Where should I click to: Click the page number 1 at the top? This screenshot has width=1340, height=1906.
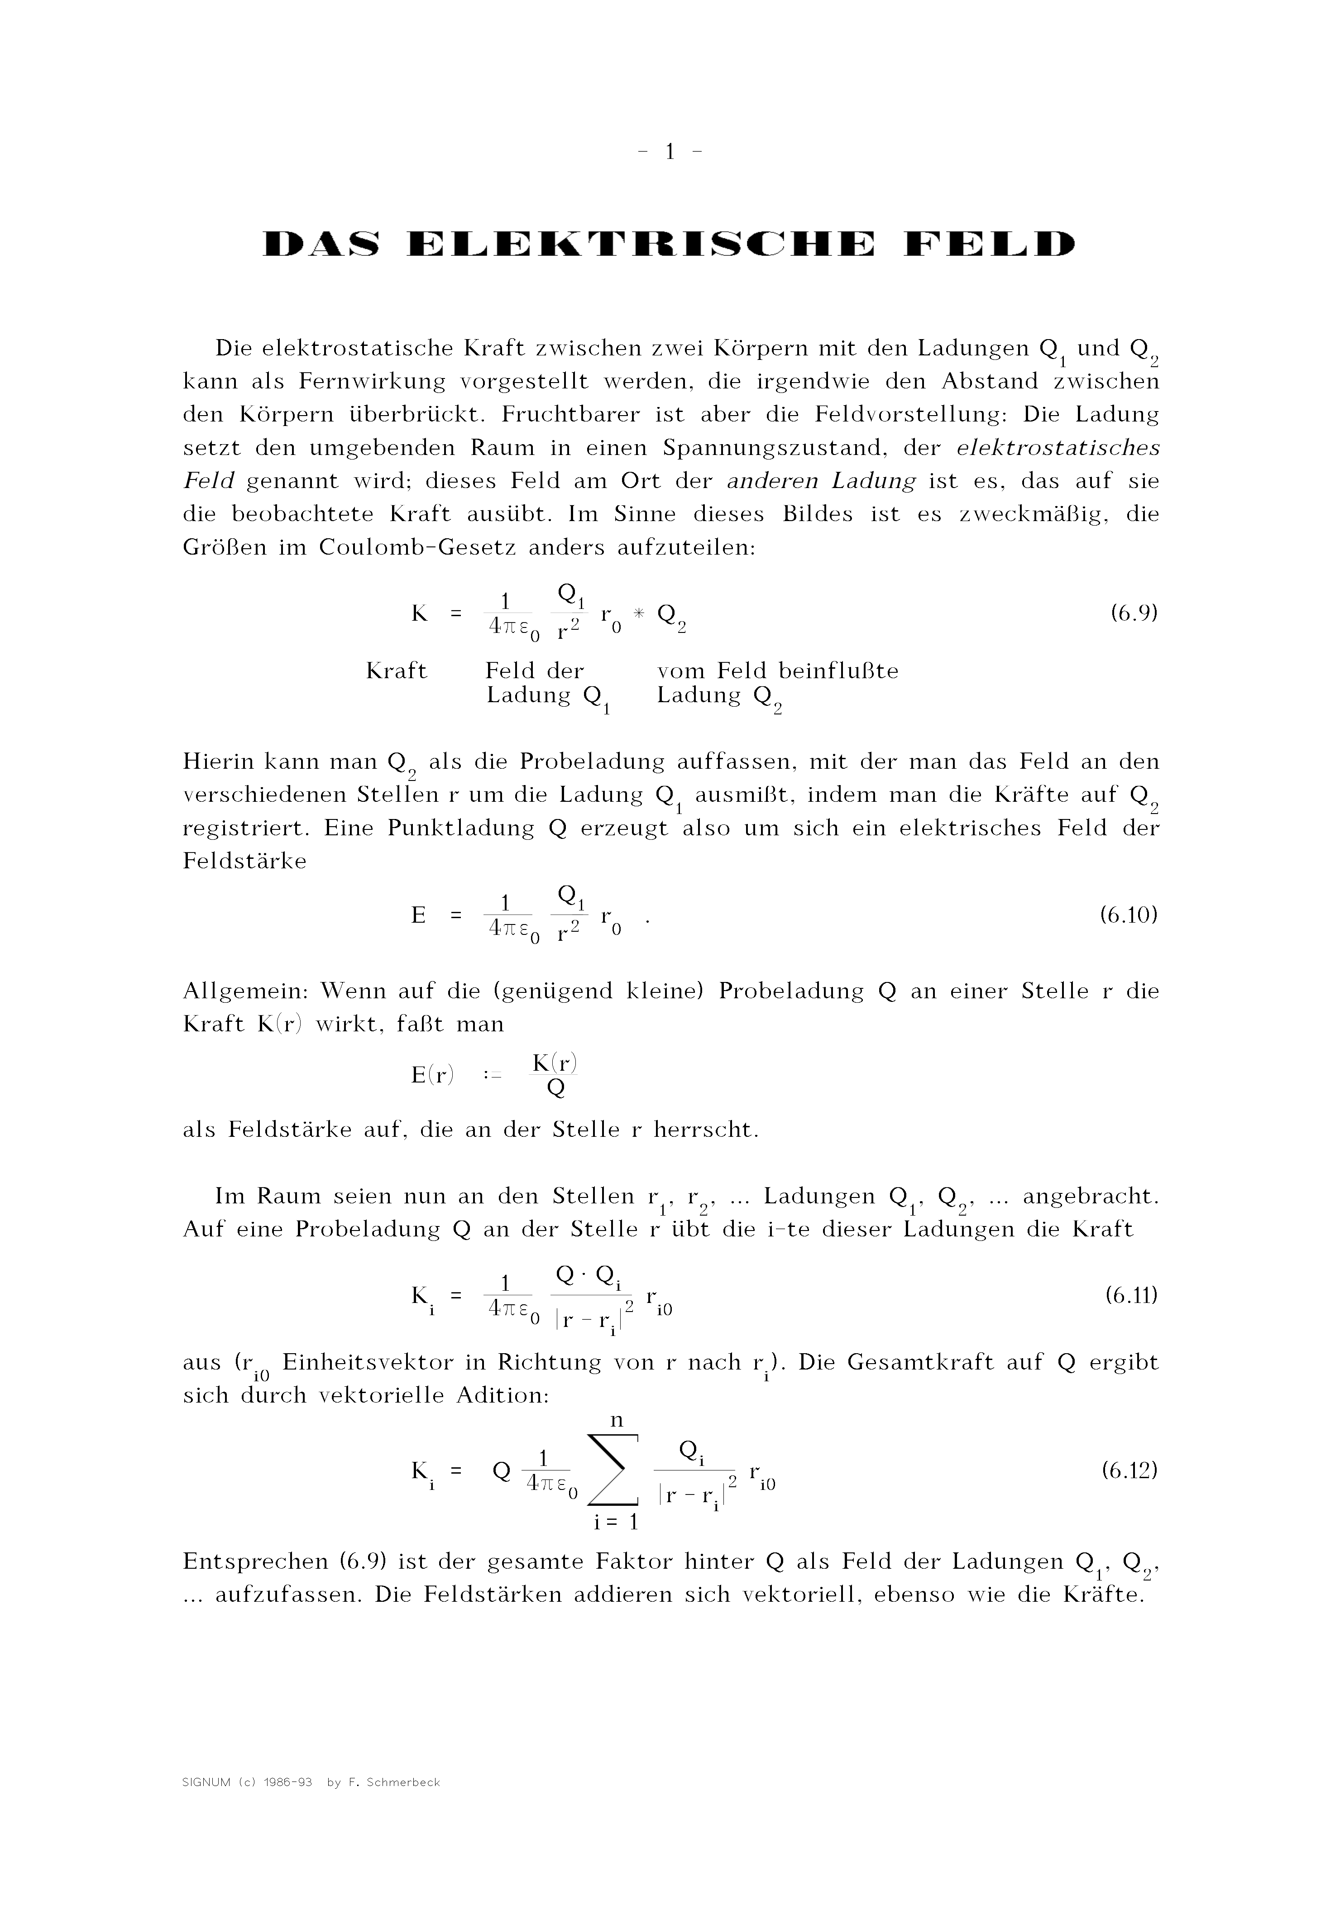click(x=669, y=152)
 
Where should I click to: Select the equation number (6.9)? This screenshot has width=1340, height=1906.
click(x=1133, y=613)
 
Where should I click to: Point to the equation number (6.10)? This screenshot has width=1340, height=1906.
click(x=1128, y=915)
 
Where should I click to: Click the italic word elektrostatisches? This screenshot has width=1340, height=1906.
click(x=1058, y=448)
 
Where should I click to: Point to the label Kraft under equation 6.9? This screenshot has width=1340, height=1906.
click(x=396, y=671)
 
